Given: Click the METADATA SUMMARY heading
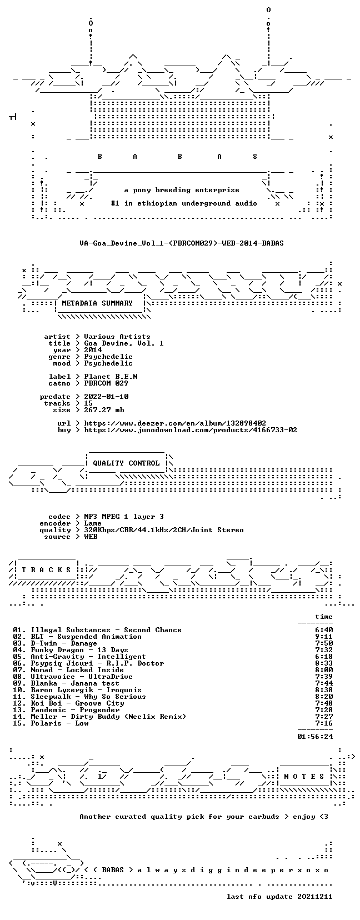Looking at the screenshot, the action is pos(97,303).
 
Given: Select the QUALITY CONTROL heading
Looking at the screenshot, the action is pos(126,463).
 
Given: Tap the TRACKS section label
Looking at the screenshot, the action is pos(46,570).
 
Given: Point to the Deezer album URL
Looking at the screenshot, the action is pos(175,423).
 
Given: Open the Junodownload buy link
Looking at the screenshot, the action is pos(191,430).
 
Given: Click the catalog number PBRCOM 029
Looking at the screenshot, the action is pos(106,383).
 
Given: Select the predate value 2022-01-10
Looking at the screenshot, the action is pos(106,397).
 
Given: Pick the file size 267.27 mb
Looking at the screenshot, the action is pos(104,410).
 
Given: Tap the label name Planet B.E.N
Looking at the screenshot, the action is pos(111,377).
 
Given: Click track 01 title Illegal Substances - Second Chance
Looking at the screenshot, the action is pos(106,630).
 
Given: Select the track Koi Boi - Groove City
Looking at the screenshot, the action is pos(77,703).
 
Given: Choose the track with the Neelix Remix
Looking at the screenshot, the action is pos(108,717).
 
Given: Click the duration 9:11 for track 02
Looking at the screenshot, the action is pos(324,637).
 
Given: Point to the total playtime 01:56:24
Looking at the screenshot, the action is pos(315,737).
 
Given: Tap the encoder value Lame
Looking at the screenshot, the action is pos(93,523).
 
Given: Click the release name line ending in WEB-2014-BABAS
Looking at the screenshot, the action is pos(182,243).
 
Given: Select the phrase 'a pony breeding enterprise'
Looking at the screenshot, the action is pos(182,190).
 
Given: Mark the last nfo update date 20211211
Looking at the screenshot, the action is pos(279,897).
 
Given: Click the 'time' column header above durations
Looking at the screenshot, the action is pos(323,617).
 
